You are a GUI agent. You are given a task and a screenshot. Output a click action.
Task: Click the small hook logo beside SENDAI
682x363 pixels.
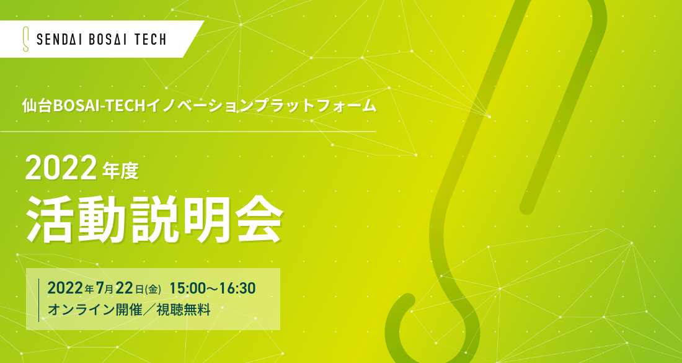click(x=25, y=39)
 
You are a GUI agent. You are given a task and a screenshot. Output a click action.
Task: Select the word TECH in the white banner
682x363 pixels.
click(x=150, y=40)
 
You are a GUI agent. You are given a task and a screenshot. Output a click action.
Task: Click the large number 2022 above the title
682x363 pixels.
click(x=61, y=168)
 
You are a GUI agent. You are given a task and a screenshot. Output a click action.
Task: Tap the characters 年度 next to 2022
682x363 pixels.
click(x=120, y=171)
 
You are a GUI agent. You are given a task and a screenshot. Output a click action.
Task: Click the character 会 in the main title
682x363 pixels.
click(x=259, y=219)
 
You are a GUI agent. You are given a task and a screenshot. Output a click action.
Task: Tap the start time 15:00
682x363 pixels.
click(x=187, y=288)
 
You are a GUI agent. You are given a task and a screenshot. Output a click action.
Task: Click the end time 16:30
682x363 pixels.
click(x=237, y=288)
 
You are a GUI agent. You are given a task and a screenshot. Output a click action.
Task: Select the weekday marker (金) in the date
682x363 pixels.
click(x=153, y=289)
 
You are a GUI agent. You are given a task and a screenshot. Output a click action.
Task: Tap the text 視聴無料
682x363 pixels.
click(x=184, y=310)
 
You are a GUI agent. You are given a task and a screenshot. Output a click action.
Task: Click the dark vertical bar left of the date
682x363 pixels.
click(x=38, y=300)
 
